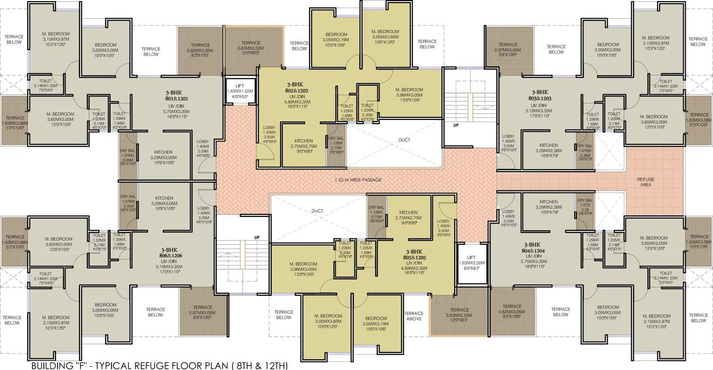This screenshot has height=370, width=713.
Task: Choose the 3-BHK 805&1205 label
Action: (414, 254)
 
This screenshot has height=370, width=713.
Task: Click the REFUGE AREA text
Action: (645, 183)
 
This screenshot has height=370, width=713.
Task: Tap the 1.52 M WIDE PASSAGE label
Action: (359, 180)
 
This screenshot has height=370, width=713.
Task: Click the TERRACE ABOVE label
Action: (414, 316)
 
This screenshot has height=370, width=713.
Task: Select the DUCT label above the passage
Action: (403, 141)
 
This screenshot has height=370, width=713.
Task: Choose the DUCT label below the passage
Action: (317, 210)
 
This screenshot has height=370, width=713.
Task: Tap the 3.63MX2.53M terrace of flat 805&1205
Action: (459, 312)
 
